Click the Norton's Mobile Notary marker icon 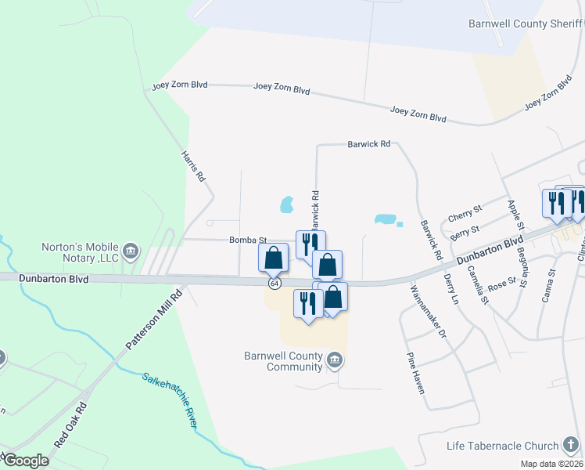point(131,251)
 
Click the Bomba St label point(248,240)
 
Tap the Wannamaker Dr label point(425,311)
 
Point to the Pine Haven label point(415,372)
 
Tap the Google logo point(27,461)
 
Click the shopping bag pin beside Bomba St point(273,257)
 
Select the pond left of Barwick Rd point(286,205)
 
